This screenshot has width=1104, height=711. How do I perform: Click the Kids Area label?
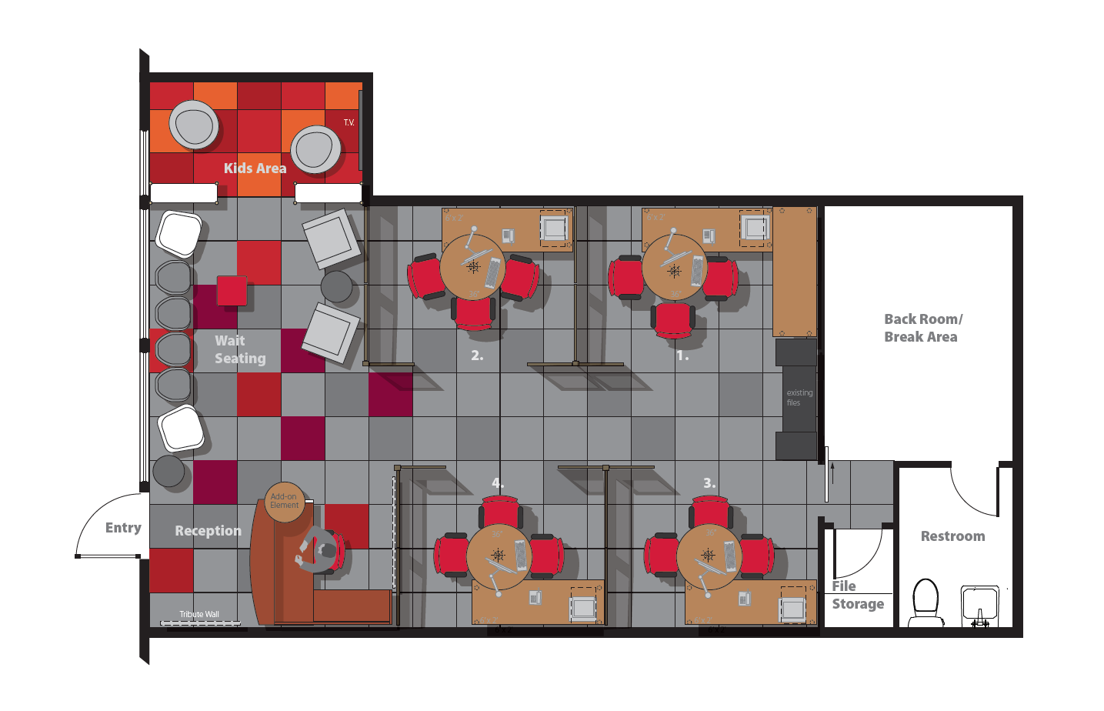pos(255,168)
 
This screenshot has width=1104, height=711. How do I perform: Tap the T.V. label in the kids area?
pos(349,122)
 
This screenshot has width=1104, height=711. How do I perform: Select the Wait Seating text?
pos(240,349)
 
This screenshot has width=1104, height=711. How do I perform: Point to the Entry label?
pos(123,528)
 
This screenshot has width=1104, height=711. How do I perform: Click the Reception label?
pos(208,531)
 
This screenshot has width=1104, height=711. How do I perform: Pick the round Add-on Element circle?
pos(284,502)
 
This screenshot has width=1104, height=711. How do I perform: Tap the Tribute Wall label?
pos(199,614)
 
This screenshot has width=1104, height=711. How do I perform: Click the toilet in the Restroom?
pos(926,601)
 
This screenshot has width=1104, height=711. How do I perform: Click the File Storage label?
pos(857,596)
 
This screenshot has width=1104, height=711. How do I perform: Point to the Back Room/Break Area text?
pos(922,328)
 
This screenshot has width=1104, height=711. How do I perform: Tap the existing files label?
pos(799,397)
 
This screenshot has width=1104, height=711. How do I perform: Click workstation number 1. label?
pos(682,355)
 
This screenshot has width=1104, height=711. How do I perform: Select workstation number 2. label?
pos(477,355)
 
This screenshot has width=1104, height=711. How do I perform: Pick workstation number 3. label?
pos(709,483)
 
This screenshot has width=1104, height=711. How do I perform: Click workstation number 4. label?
pos(498,483)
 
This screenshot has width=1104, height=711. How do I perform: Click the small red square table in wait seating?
pos(232,291)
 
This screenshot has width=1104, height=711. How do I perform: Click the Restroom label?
pos(952,536)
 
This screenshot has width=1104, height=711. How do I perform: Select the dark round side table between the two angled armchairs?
pos(336,286)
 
